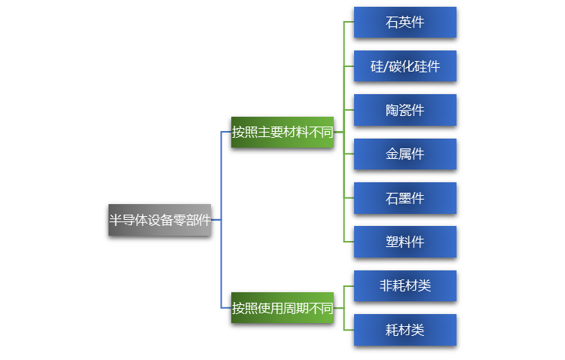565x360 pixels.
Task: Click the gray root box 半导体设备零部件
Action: coord(160,220)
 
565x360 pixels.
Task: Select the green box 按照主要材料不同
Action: coord(282,133)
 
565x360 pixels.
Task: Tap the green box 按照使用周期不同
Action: coord(282,308)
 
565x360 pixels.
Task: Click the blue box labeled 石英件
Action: coord(405,23)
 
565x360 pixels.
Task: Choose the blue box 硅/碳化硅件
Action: coord(405,66)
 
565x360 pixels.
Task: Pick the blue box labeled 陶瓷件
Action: coord(405,110)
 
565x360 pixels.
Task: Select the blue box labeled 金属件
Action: coord(405,154)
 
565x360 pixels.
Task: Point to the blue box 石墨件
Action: coord(405,198)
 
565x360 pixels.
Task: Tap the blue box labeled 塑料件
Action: coord(405,242)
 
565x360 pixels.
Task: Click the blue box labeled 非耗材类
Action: coord(405,286)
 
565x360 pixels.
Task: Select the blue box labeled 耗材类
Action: coord(405,330)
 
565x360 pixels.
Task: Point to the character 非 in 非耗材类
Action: coord(386,286)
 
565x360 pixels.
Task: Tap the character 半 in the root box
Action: coord(116,220)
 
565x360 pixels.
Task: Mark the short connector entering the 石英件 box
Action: coord(349,23)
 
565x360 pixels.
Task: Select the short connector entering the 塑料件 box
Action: coord(349,242)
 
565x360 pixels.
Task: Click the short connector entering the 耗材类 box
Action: coord(349,330)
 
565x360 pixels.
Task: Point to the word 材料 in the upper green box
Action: coord(295,133)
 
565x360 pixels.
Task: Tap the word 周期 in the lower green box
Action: coord(295,308)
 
